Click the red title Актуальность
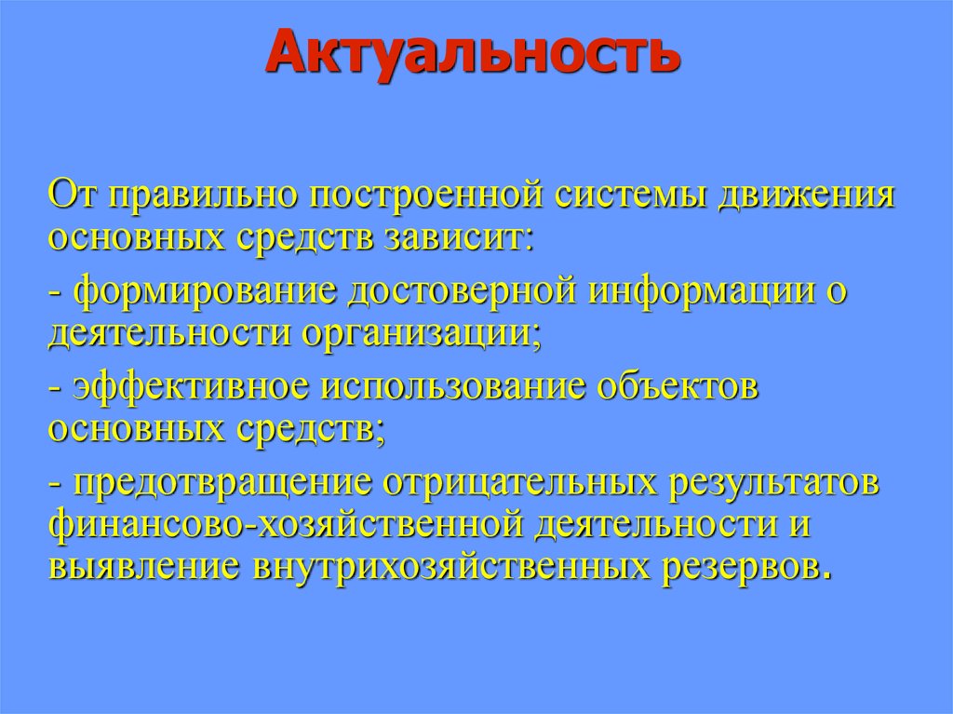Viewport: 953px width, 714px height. pos(473,54)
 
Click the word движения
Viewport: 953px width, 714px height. pos(792,197)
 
